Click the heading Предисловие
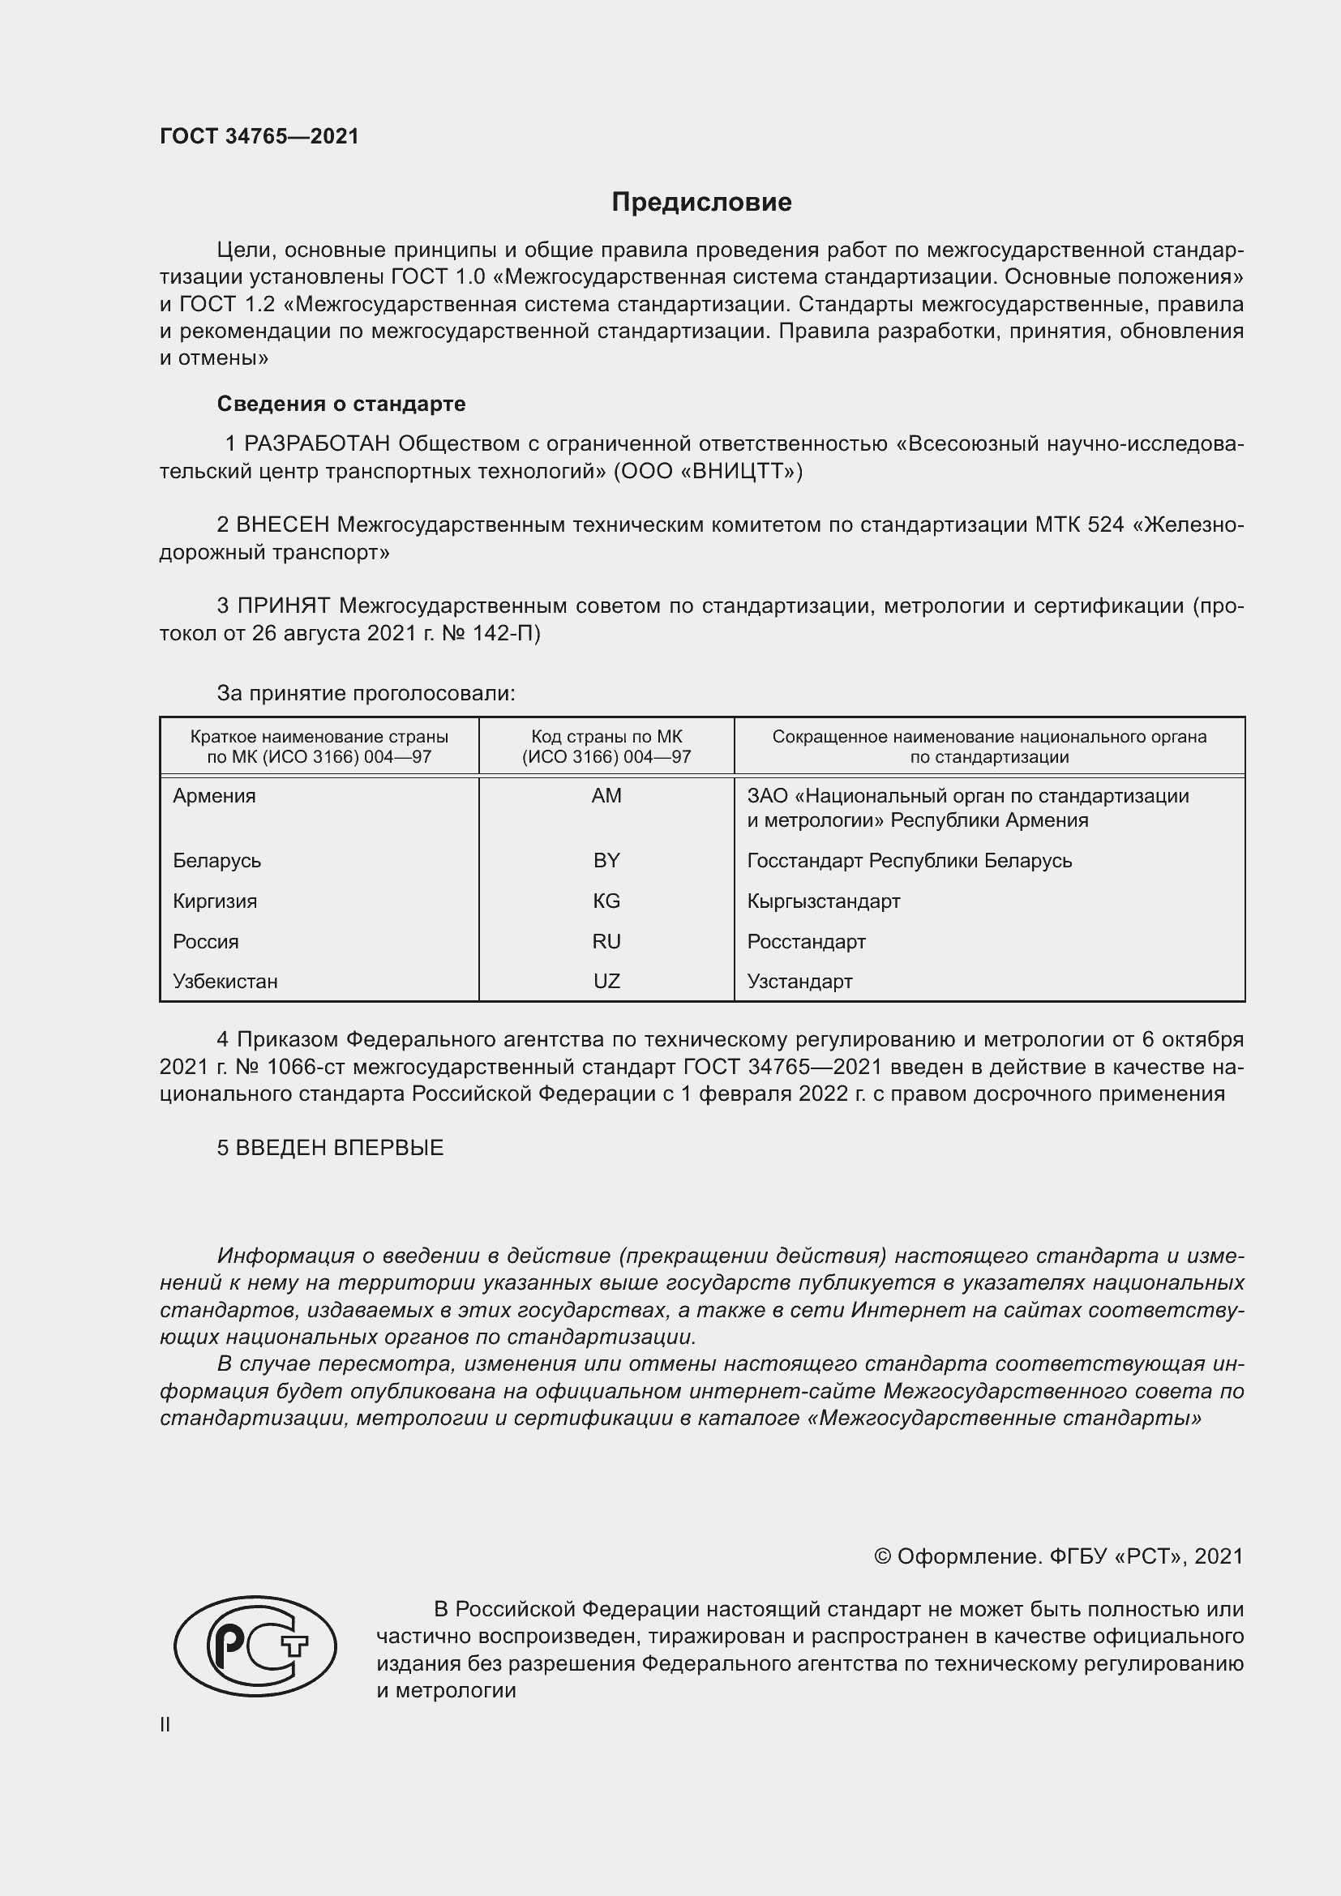point(701,203)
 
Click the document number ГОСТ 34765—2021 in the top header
point(259,137)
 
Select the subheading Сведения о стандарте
point(341,404)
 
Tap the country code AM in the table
point(606,796)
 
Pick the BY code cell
point(606,861)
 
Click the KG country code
point(606,901)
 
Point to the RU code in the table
point(606,941)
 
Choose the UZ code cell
point(606,982)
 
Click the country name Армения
point(215,796)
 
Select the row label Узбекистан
point(225,982)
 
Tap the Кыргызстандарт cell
point(823,901)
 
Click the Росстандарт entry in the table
point(806,941)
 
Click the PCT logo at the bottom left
point(255,1646)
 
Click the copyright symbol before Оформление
point(882,1556)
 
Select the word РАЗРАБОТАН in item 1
point(317,444)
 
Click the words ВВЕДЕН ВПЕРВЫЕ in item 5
point(340,1148)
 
